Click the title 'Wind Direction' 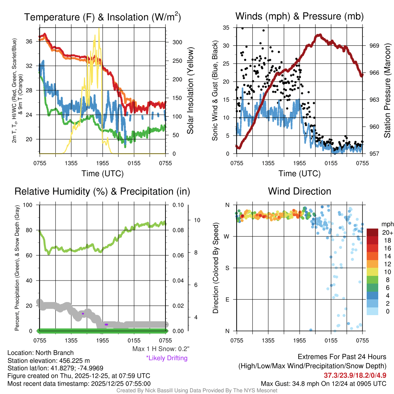(299, 191)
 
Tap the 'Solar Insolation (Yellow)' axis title (190, 91)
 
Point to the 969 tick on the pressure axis (374, 45)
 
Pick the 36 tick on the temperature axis (33, 41)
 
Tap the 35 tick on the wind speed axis (226, 28)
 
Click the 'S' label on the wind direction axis (227, 268)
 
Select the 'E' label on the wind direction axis (227, 299)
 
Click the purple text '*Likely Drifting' (166, 358)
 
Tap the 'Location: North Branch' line (40, 352)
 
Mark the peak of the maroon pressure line (319, 35)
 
